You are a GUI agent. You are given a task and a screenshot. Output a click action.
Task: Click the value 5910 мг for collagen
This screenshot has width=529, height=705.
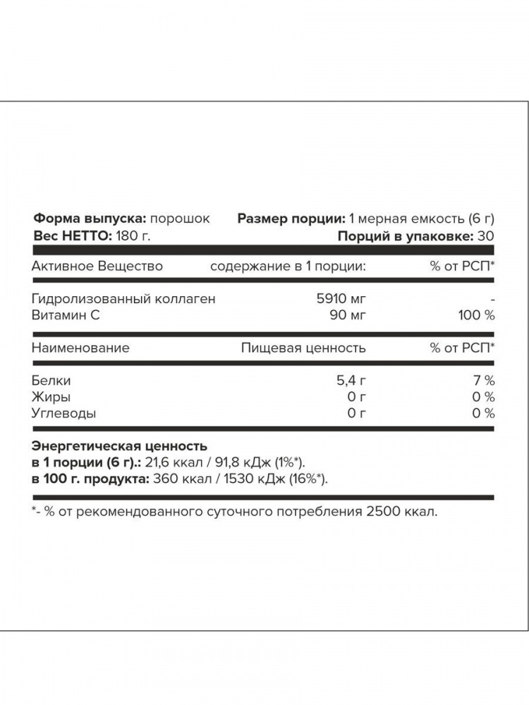[341, 298]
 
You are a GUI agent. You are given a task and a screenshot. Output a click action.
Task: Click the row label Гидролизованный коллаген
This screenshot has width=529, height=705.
[124, 298]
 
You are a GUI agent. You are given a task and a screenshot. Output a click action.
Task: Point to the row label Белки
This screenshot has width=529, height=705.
[51, 381]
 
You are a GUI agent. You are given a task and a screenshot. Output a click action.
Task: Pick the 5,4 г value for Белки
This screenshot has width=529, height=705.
[351, 381]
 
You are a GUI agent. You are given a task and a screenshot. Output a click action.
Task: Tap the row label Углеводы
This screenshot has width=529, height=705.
[64, 414]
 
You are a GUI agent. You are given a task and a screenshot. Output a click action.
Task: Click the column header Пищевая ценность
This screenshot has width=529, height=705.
[303, 348]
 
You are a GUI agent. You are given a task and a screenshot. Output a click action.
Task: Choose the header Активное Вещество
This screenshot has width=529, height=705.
[98, 266]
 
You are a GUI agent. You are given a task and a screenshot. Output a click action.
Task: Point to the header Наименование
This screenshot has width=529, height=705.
[81, 348]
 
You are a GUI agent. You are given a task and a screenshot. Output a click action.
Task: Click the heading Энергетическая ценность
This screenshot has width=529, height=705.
[120, 446]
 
